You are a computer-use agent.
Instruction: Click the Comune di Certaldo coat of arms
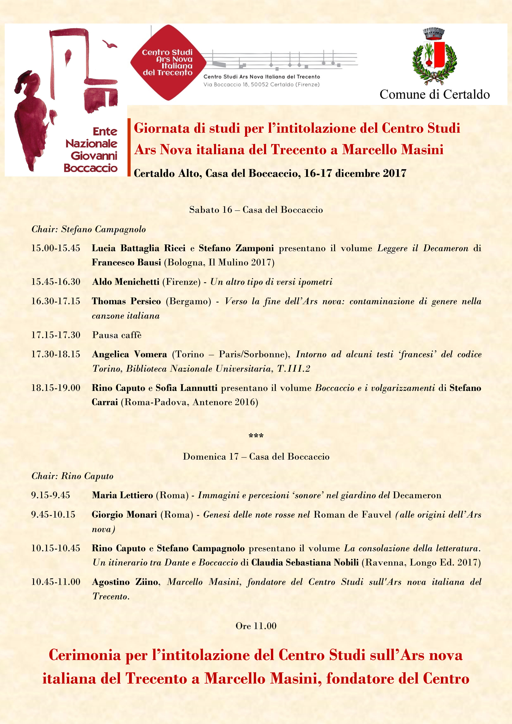(x=434, y=57)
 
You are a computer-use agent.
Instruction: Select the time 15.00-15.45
(x=56, y=248)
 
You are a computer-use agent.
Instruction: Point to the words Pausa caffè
(x=117, y=335)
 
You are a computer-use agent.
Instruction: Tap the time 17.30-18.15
(x=56, y=354)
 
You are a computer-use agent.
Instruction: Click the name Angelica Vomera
(x=129, y=354)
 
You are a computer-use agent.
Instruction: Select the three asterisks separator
(x=256, y=436)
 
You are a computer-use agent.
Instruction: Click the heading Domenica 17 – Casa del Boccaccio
(x=256, y=457)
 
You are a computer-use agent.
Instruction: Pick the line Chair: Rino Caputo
(x=72, y=476)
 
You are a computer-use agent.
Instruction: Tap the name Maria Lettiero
(x=122, y=495)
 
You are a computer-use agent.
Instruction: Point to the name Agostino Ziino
(x=125, y=582)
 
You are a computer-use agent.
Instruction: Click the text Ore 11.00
(x=256, y=626)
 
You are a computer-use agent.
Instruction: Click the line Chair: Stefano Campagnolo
(x=89, y=229)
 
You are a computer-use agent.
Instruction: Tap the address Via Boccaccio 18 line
(x=261, y=84)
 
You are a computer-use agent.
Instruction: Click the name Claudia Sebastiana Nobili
(x=305, y=563)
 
